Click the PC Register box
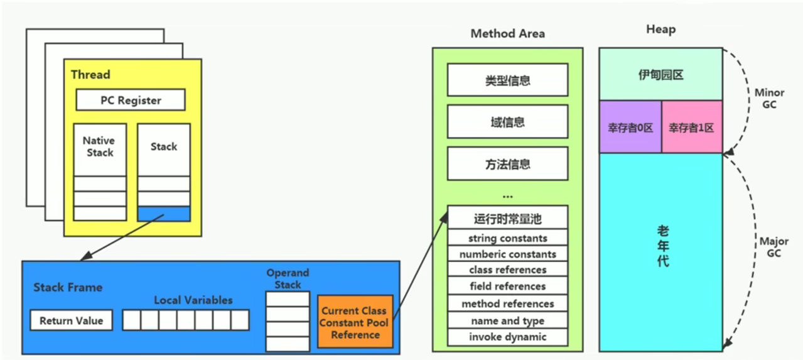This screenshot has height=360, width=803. point(131,100)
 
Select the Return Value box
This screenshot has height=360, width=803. point(71,320)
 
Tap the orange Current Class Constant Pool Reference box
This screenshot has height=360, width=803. point(355,322)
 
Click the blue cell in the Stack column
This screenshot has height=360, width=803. point(163,214)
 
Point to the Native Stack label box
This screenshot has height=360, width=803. point(99,148)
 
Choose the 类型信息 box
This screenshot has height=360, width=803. point(507,80)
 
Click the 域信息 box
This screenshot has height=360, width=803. point(507,122)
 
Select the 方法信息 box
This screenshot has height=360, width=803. point(507,164)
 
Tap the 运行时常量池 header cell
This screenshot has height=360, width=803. point(507,219)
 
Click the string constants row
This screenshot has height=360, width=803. point(507,238)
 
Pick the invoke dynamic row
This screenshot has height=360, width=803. point(507,337)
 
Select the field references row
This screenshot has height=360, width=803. point(507,286)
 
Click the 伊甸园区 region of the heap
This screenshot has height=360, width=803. point(660,74)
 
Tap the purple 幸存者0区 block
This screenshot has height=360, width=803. point(630,127)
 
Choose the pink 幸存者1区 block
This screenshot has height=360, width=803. point(691,127)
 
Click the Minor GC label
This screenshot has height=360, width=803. point(769,99)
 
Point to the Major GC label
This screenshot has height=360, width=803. point(773,247)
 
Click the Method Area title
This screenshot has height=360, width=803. point(507,34)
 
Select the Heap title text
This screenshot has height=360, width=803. point(660,30)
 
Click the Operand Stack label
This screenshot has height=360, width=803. point(288,278)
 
